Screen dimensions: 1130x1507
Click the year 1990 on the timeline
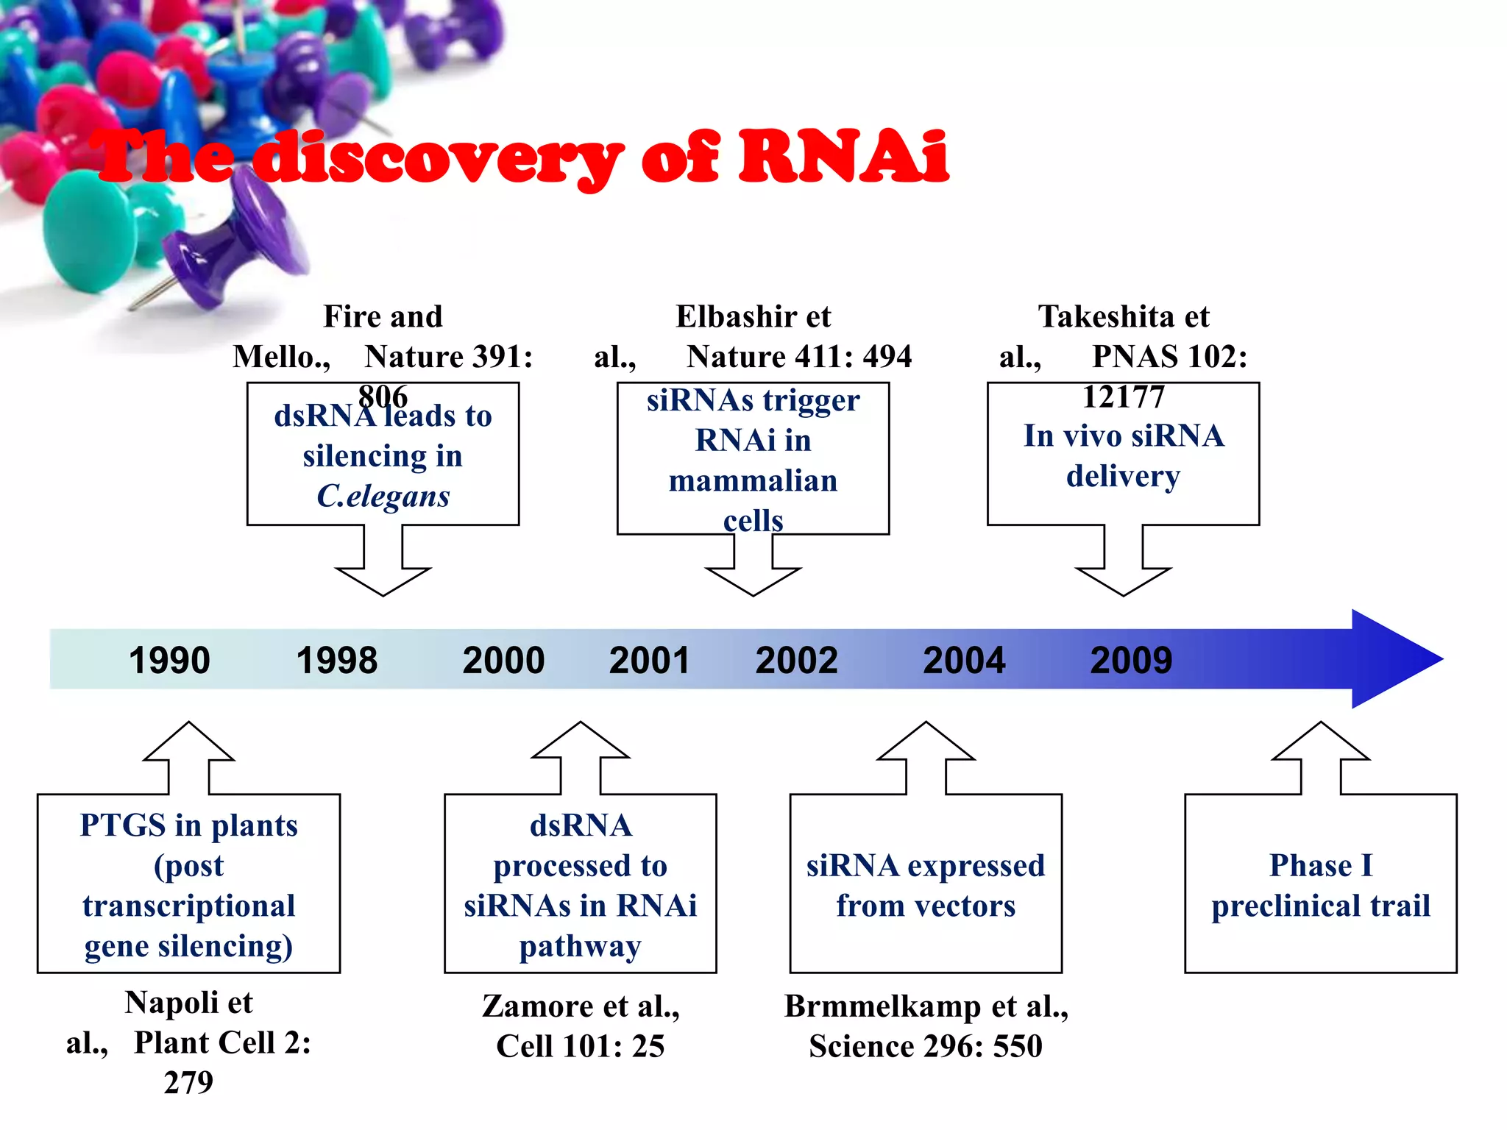pos(169,660)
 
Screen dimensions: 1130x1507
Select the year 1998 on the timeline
pos(336,660)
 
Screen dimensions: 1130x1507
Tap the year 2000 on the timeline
pos(503,660)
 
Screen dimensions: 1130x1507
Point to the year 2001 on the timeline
pos(649,660)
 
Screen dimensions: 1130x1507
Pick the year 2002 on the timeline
pos(796,660)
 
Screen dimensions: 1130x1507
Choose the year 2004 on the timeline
pos(964,660)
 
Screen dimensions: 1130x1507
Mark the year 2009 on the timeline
pos(1131,660)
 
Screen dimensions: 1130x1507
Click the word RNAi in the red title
pos(843,156)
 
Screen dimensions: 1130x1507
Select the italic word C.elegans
pos(383,496)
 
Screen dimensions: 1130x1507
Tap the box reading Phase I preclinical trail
pos(1320,884)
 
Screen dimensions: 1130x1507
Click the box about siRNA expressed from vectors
pos(925,884)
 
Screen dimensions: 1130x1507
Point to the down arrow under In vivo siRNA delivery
pos(1123,566)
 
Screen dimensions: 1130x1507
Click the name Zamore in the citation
pos(545,1006)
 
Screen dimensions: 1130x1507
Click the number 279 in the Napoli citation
pos(188,1082)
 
